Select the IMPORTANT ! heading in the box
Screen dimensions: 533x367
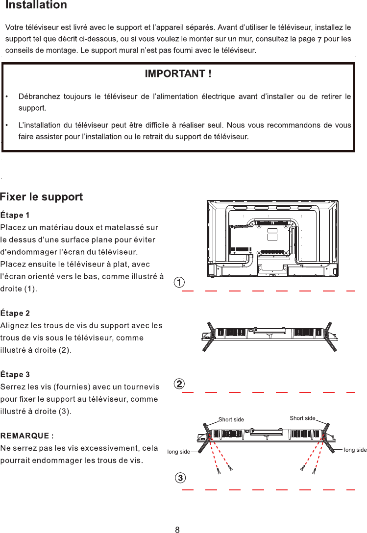pyautogui.click(x=178, y=74)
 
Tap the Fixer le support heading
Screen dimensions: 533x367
pyautogui.click(x=42, y=197)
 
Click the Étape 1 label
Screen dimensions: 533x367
pyautogui.click(x=15, y=215)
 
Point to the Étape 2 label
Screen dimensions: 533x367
pyautogui.click(x=15, y=313)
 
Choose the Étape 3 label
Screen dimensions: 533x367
pyautogui.click(x=15, y=375)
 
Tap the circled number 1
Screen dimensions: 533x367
pyautogui.click(x=180, y=283)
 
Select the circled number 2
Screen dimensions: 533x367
pyautogui.click(x=180, y=384)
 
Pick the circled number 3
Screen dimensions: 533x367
pyautogui.click(x=180, y=477)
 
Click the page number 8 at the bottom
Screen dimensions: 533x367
pyautogui.click(x=177, y=529)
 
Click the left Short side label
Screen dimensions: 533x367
pyautogui.click(x=231, y=419)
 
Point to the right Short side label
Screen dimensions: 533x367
pyautogui.click(x=302, y=418)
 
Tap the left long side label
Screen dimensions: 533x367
pyautogui.click(x=178, y=451)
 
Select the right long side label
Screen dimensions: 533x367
pyautogui.click(x=355, y=449)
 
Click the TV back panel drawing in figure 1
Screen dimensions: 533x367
pyautogui.click(x=272, y=238)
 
